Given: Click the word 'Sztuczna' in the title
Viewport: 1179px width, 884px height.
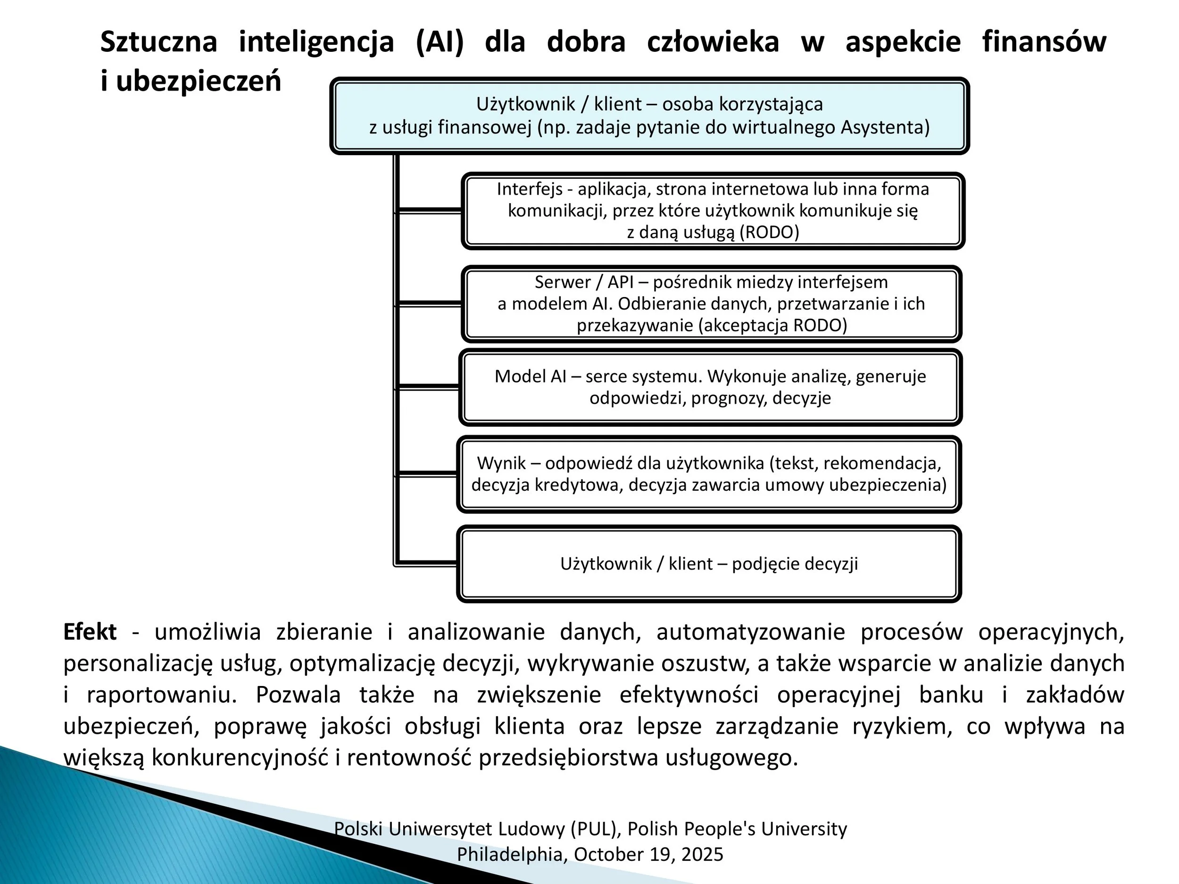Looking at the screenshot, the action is (158, 41).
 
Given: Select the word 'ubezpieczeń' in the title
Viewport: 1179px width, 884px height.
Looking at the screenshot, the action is (198, 82).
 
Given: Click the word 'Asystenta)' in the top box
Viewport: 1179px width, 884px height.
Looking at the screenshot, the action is (885, 127).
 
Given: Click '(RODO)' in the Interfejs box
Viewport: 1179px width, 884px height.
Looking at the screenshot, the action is (770, 232).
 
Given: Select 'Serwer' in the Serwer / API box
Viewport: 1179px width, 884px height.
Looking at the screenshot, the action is (562, 282).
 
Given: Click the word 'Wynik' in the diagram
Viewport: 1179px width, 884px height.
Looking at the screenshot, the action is (501, 463).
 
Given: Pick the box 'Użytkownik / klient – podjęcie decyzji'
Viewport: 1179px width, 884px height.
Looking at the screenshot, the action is (709, 564).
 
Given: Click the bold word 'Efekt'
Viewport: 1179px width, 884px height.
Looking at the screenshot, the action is (90, 632).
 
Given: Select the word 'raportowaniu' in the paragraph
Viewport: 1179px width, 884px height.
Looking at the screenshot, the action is (160, 695).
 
